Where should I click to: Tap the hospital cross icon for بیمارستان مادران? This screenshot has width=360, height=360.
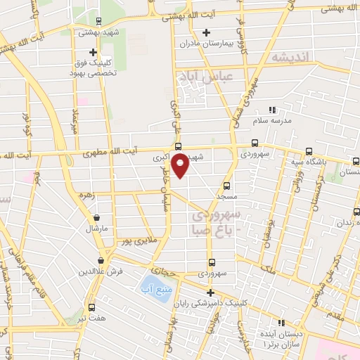[x=206, y=32]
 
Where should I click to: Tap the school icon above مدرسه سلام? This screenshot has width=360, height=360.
[x=273, y=110]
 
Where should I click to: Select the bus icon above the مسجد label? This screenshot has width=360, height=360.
[x=226, y=186]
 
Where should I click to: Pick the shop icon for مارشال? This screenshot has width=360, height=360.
[x=96, y=218]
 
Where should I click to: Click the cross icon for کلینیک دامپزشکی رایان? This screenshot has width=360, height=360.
[x=210, y=292]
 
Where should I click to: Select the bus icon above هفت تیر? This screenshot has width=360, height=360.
[x=92, y=307]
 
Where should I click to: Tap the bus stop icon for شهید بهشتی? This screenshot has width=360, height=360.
[x=98, y=21]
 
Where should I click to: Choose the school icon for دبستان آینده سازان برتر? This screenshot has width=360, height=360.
[x=281, y=323]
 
